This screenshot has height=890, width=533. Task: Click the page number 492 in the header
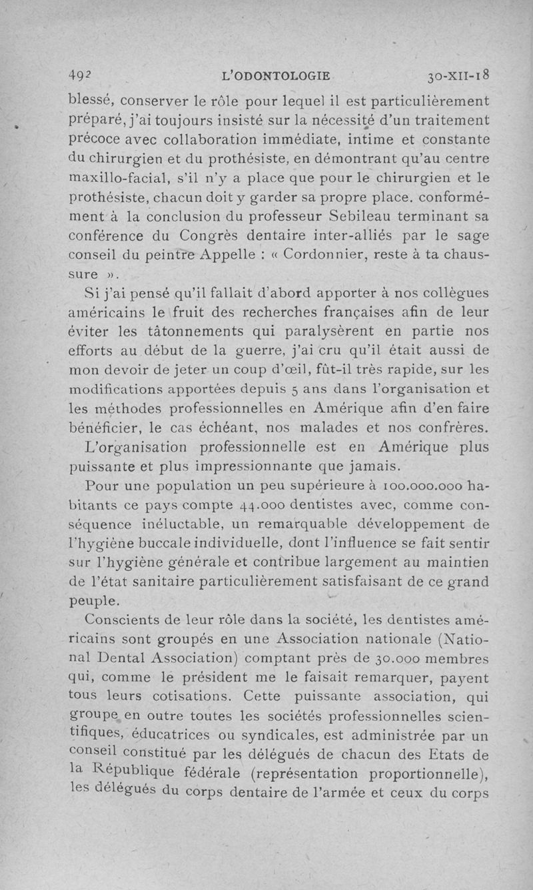click(81, 76)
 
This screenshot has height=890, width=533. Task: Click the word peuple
click(95, 600)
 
